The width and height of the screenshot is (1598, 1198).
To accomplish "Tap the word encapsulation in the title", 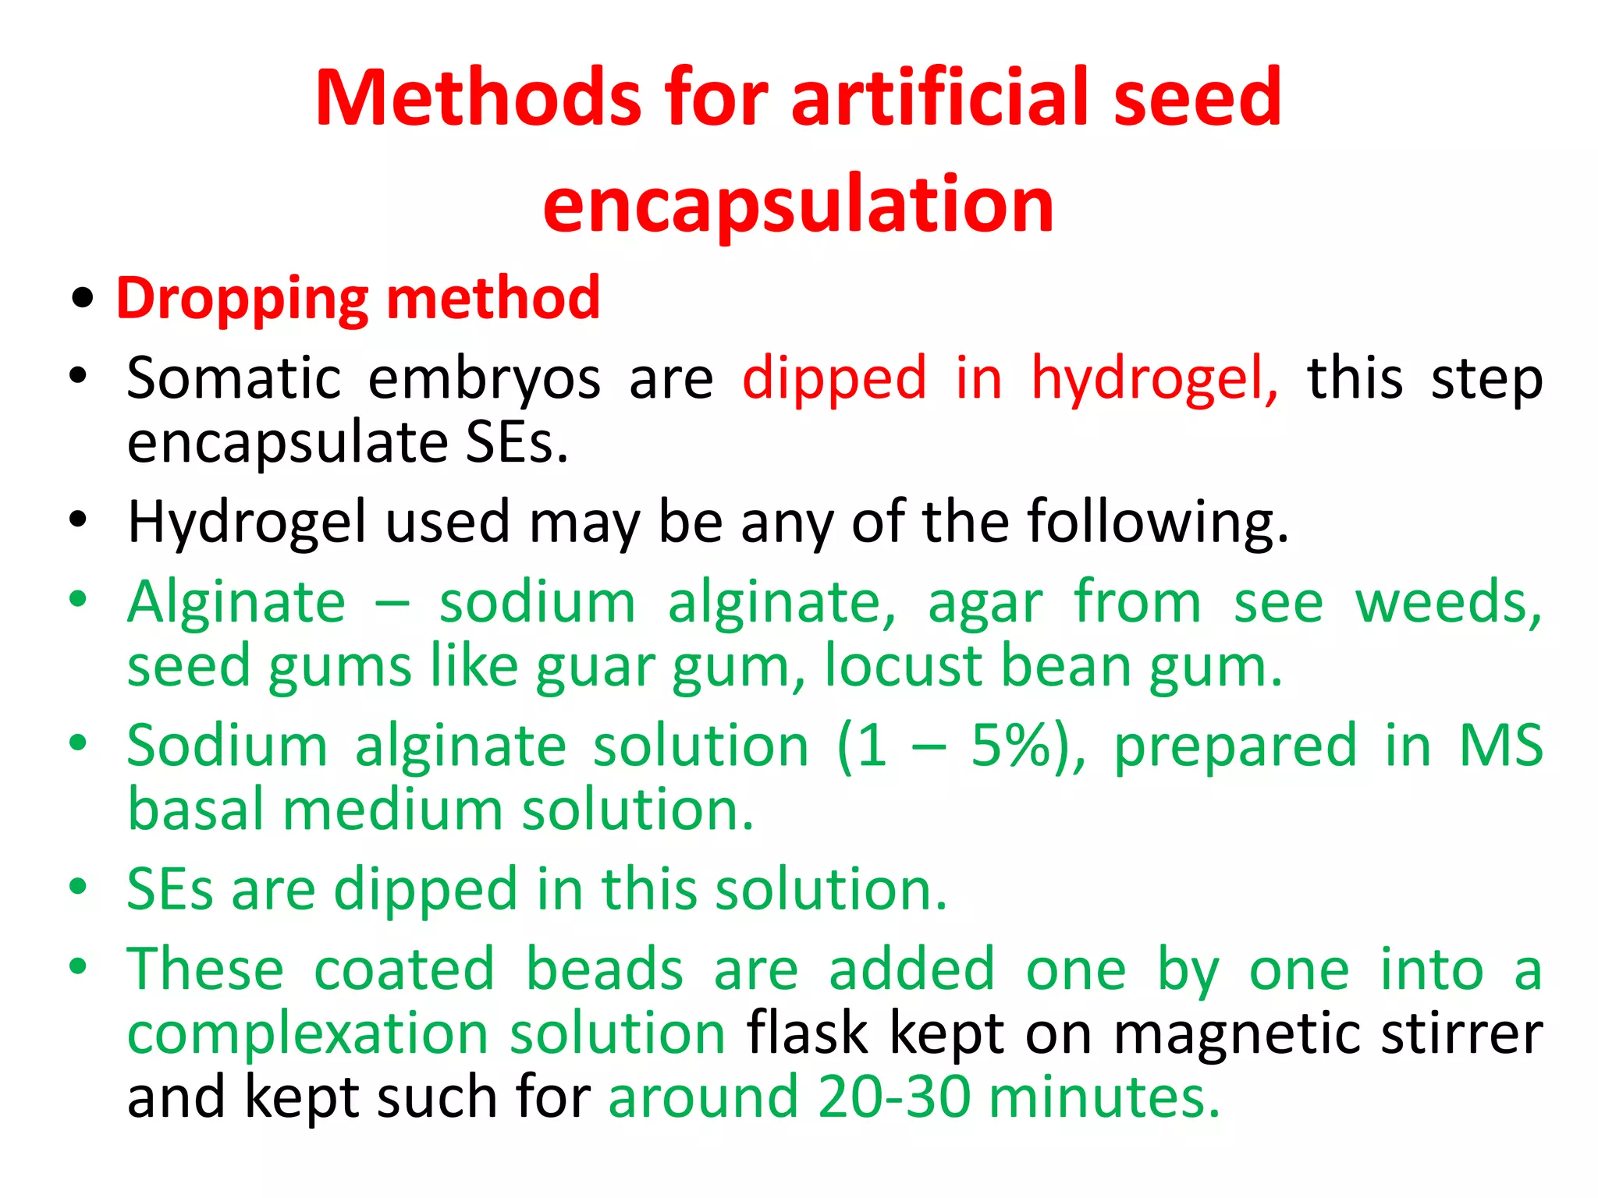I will coord(798,204).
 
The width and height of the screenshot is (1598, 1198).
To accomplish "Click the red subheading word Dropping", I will coord(243,299).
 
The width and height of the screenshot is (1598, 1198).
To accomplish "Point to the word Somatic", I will coord(234,378).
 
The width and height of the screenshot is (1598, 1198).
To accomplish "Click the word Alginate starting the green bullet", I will coord(236,603).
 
